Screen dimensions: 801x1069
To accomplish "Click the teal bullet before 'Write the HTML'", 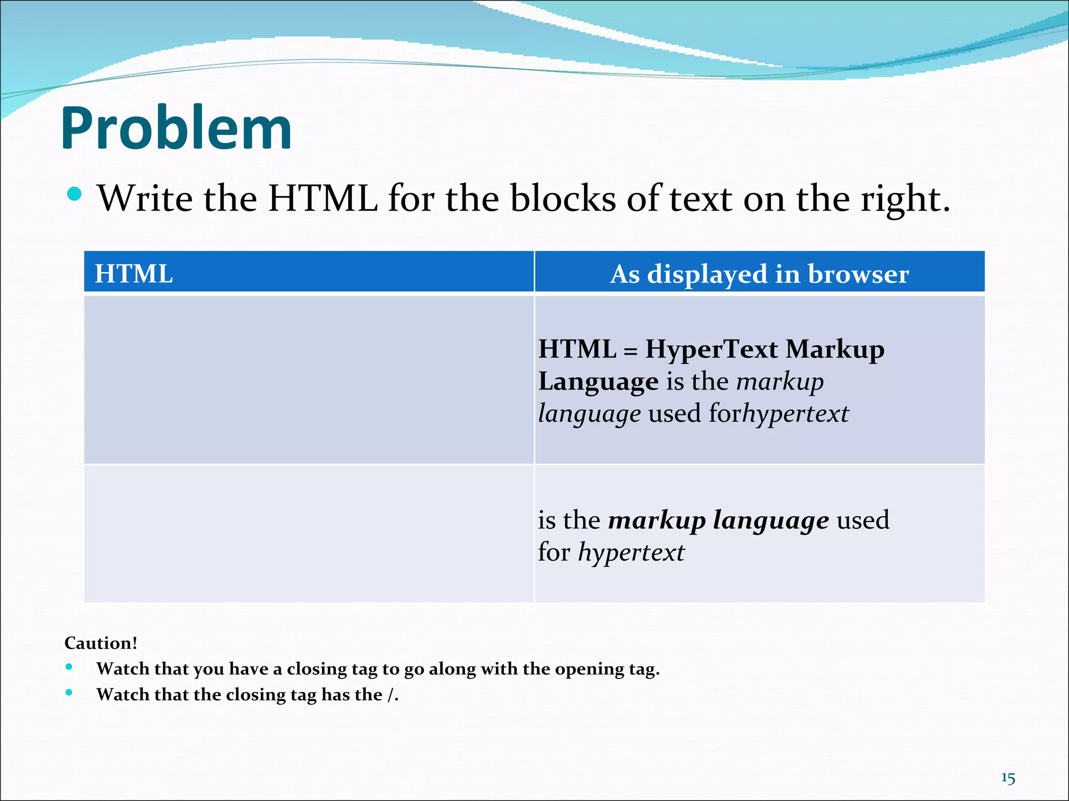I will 75,194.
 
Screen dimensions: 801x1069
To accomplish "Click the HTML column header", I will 134,274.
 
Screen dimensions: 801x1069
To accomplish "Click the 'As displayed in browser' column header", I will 759,274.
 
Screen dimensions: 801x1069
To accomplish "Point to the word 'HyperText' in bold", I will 711,348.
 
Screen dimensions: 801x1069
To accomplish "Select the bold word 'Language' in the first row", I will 598,382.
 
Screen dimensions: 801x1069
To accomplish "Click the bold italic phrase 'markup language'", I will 718,520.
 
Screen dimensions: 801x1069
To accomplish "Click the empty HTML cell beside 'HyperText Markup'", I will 308,380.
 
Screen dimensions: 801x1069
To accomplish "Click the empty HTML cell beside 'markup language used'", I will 308,533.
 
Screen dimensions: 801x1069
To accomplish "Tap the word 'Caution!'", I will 101,643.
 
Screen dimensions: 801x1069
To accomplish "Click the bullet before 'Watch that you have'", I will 69,667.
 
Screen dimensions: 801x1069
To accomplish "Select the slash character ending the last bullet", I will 390,695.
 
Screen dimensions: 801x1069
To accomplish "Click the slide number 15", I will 1008,779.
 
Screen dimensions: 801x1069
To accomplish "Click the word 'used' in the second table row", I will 863,520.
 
